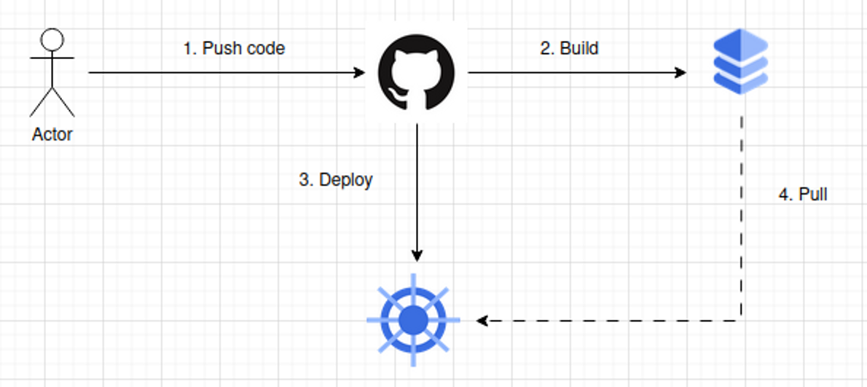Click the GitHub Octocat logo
point(416,74)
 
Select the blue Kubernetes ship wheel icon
point(413,320)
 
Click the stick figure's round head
point(52,39)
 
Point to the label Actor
point(52,135)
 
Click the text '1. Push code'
point(233,49)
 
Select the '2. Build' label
point(569,49)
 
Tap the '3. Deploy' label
point(336,180)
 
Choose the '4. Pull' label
point(803,195)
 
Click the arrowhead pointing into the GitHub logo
point(359,73)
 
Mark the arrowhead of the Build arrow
point(681,73)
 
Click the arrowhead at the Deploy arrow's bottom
point(417,256)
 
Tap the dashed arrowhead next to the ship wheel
point(482,320)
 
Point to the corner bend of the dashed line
point(742,320)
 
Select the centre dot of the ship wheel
point(413,320)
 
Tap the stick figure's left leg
point(40,103)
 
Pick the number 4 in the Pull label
point(783,195)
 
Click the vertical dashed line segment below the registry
point(742,219)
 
